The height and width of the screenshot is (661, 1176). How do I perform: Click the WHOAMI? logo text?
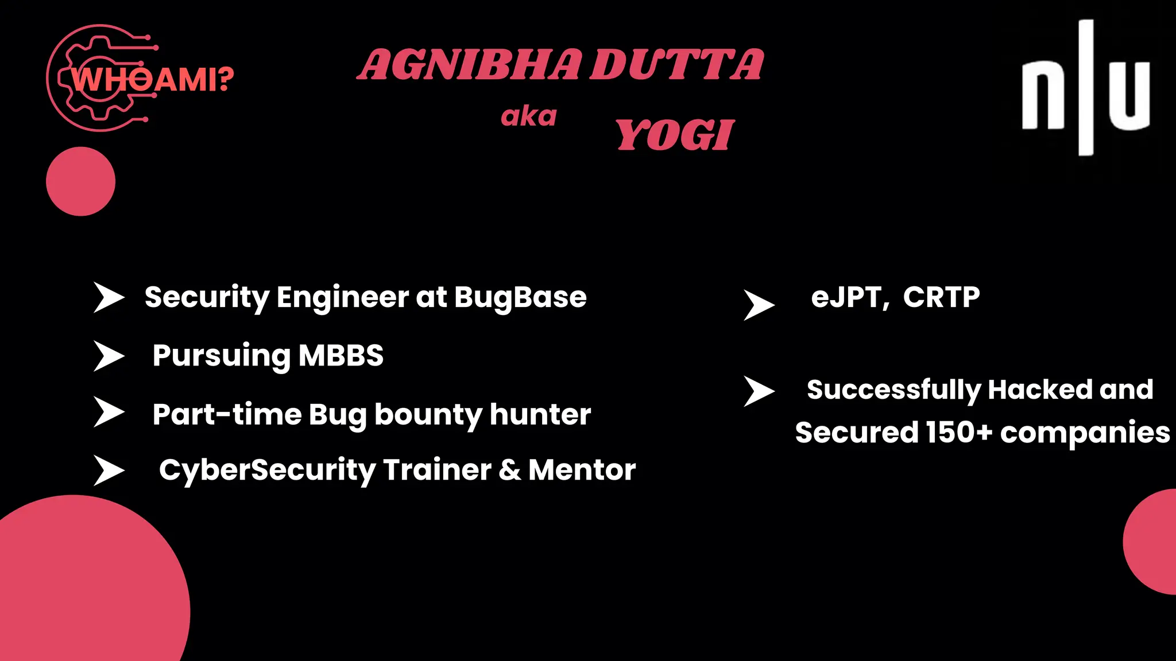tap(152, 79)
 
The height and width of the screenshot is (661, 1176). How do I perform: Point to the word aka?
tap(529, 116)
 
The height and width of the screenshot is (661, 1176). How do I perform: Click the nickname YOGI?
tap(675, 135)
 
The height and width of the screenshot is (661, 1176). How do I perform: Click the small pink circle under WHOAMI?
tap(80, 181)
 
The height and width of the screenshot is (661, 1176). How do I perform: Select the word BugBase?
tap(520, 297)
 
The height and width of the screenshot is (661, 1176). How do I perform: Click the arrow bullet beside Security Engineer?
tap(109, 297)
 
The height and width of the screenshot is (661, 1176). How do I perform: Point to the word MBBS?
tap(341, 356)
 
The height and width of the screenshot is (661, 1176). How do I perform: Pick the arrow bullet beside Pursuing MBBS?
tap(109, 356)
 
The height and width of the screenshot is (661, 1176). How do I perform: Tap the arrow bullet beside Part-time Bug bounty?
tap(109, 413)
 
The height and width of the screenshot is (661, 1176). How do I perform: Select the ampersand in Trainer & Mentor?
tap(509, 470)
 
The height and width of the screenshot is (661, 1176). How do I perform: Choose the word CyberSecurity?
tap(267, 471)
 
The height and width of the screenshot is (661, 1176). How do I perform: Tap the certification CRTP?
tap(941, 297)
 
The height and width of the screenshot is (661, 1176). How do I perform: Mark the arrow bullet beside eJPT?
tap(759, 305)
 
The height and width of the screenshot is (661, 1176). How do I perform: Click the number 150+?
tap(959, 433)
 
